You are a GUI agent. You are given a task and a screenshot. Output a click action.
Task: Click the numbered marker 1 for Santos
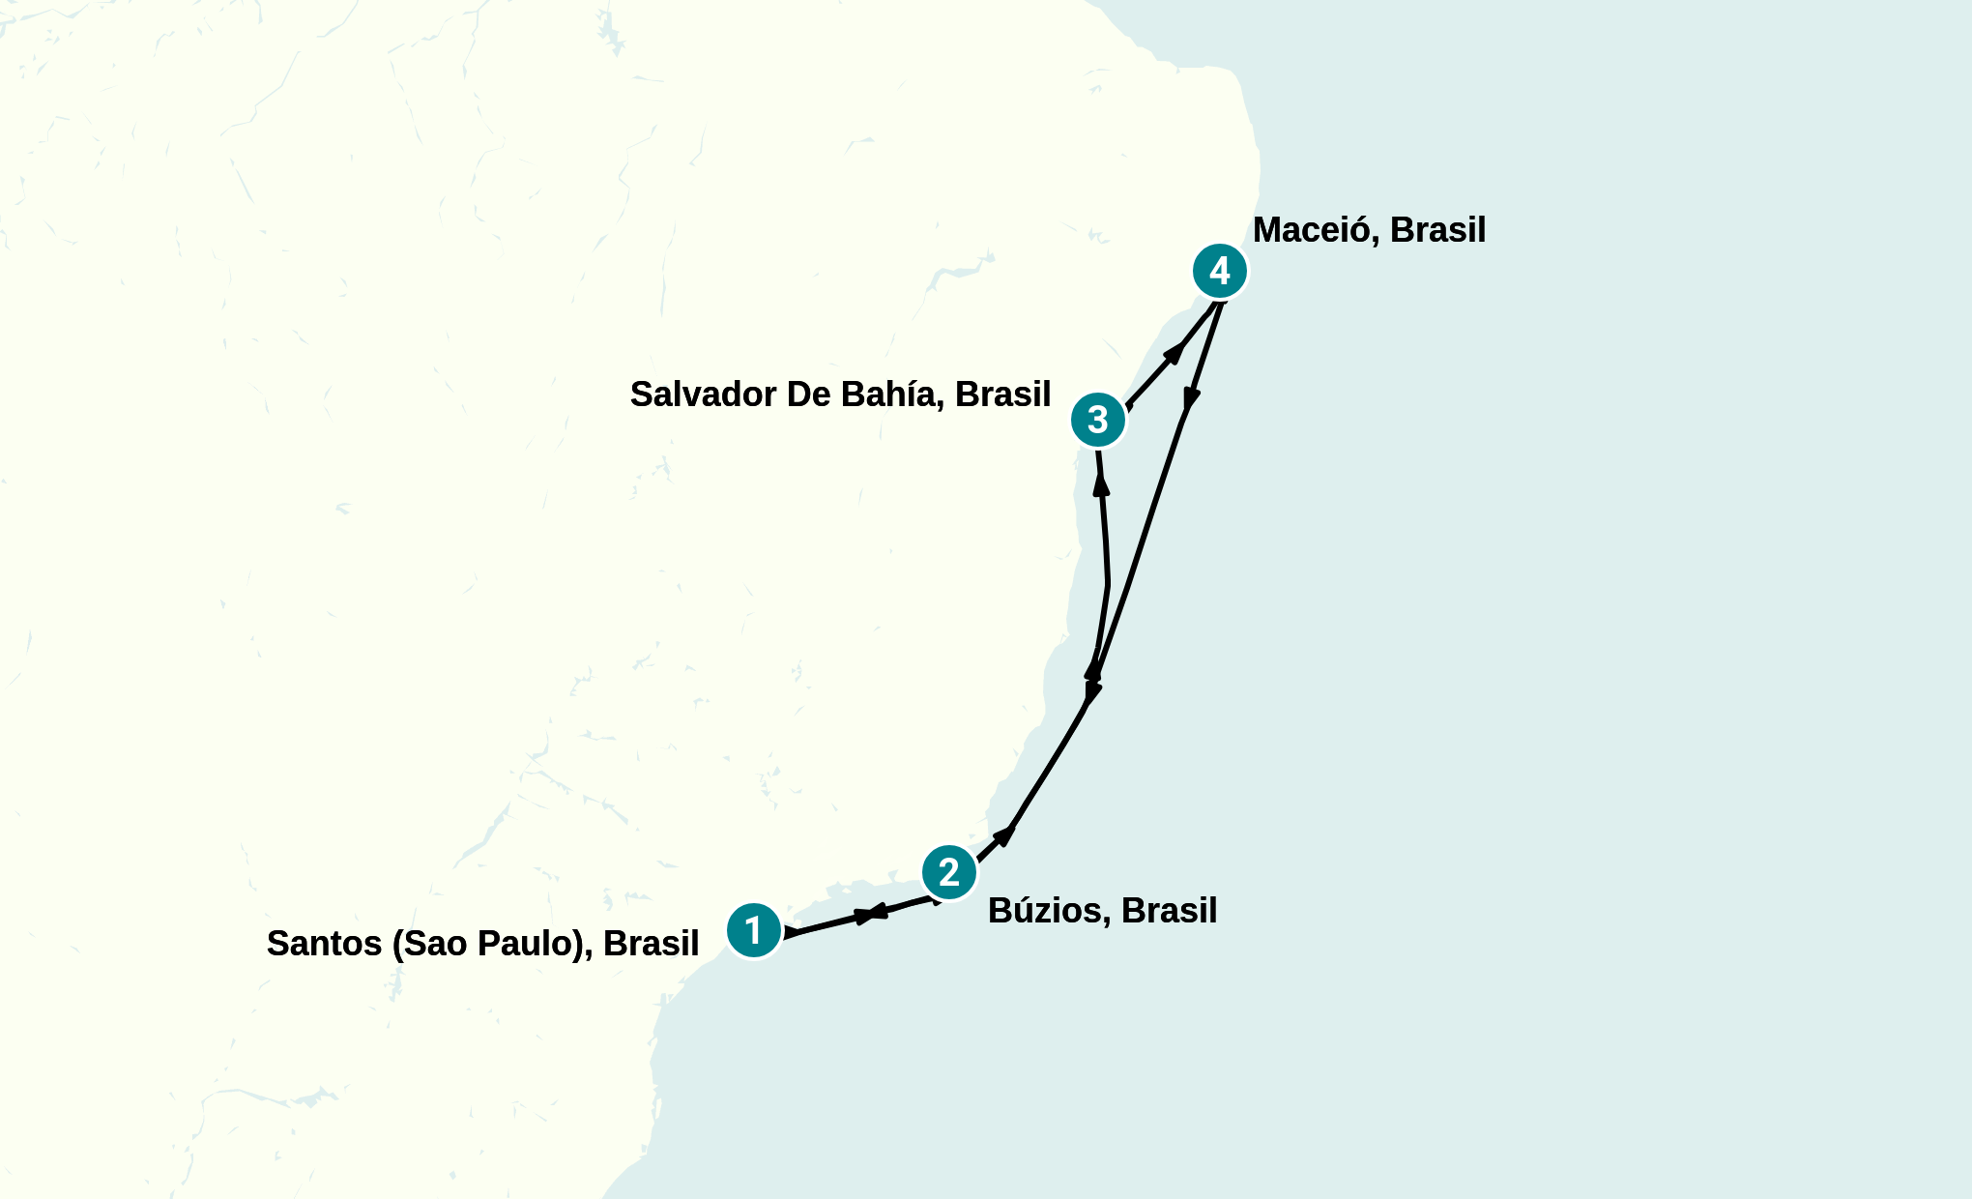click(x=754, y=931)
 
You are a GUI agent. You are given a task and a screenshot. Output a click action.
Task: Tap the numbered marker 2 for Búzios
click(x=949, y=872)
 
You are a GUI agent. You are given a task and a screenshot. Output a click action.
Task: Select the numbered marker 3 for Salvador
click(x=1098, y=420)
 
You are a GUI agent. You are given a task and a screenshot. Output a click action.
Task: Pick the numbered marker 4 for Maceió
click(x=1220, y=271)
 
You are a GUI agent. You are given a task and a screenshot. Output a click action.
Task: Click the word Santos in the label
click(x=324, y=944)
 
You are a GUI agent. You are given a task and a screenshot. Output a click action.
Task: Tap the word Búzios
click(x=1048, y=911)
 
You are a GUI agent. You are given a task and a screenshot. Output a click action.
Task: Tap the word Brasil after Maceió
click(x=1437, y=230)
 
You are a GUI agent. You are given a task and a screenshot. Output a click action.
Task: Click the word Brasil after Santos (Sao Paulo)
click(x=651, y=944)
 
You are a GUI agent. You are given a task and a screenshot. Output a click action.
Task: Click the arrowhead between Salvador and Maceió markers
click(x=1174, y=352)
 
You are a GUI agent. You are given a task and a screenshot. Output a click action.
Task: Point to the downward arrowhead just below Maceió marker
click(x=1192, y=399)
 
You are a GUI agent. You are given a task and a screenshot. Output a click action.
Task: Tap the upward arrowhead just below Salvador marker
click(x=1100, y=484)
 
